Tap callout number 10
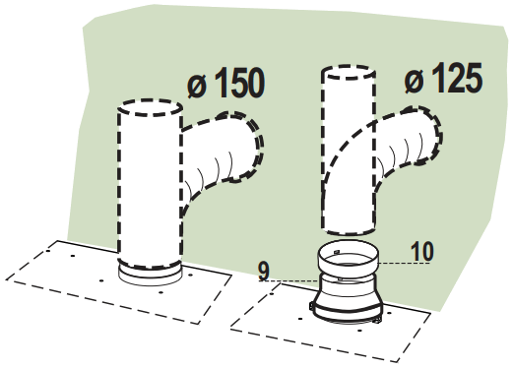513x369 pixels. [x=420, y=252]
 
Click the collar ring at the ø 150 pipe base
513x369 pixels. [x=149, y=272]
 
